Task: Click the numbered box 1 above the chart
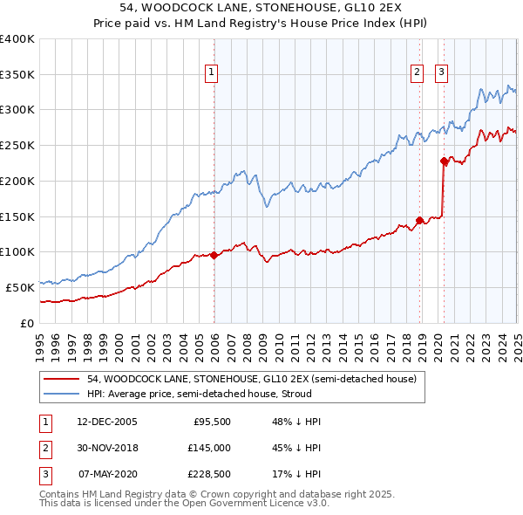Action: pyautogui.click(x=212, y=72)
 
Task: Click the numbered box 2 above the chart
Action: pyautogui.click(x=418, y=72)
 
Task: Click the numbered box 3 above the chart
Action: pyautogui.click(x=441, y=72)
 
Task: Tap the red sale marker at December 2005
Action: pyautogui.click(x=214, y=255)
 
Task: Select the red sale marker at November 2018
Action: pyautogui.click(x=420, y=220)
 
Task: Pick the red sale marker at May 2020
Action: pyautogui.click(x=444, y=161)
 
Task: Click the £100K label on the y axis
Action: pyautogui.click(x=17, y=251)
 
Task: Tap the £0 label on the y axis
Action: pyautogui.click(x=26, y=323)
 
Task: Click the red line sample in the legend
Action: pyautogui.click(x=62, y=379)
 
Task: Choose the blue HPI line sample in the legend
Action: pyautogui.click(x=62, y=393)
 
